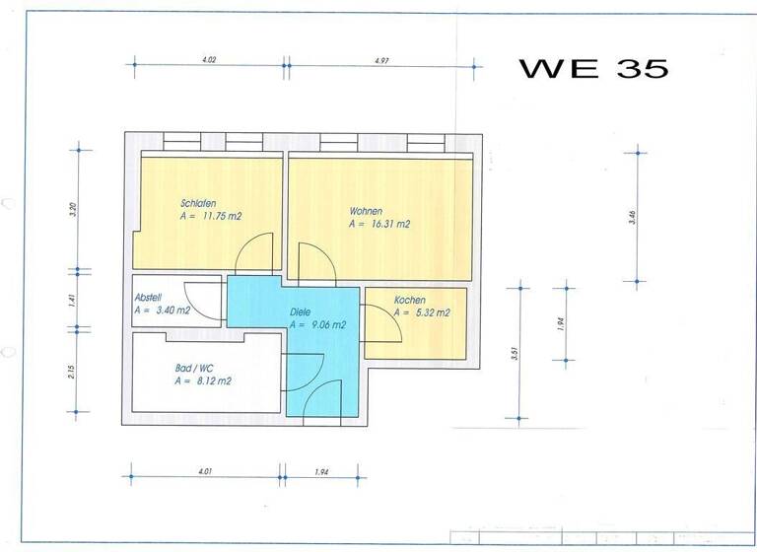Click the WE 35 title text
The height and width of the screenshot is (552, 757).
[x=593, y=68]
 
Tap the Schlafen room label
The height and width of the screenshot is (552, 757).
[x=198, y=203]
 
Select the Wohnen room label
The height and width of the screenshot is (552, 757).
[x=366, y=211]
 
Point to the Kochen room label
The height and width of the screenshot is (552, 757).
[x=410, y=300]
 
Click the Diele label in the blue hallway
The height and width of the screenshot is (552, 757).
[x=301, y=312]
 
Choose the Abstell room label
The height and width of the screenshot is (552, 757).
[x=147, y=298]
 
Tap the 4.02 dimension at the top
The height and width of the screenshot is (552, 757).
[x=209, y=59]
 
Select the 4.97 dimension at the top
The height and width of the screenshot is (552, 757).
[x=381, y=59]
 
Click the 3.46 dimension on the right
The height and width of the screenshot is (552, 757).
[x=632, y=219]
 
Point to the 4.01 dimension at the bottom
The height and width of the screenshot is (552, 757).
[x=205, y=471]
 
